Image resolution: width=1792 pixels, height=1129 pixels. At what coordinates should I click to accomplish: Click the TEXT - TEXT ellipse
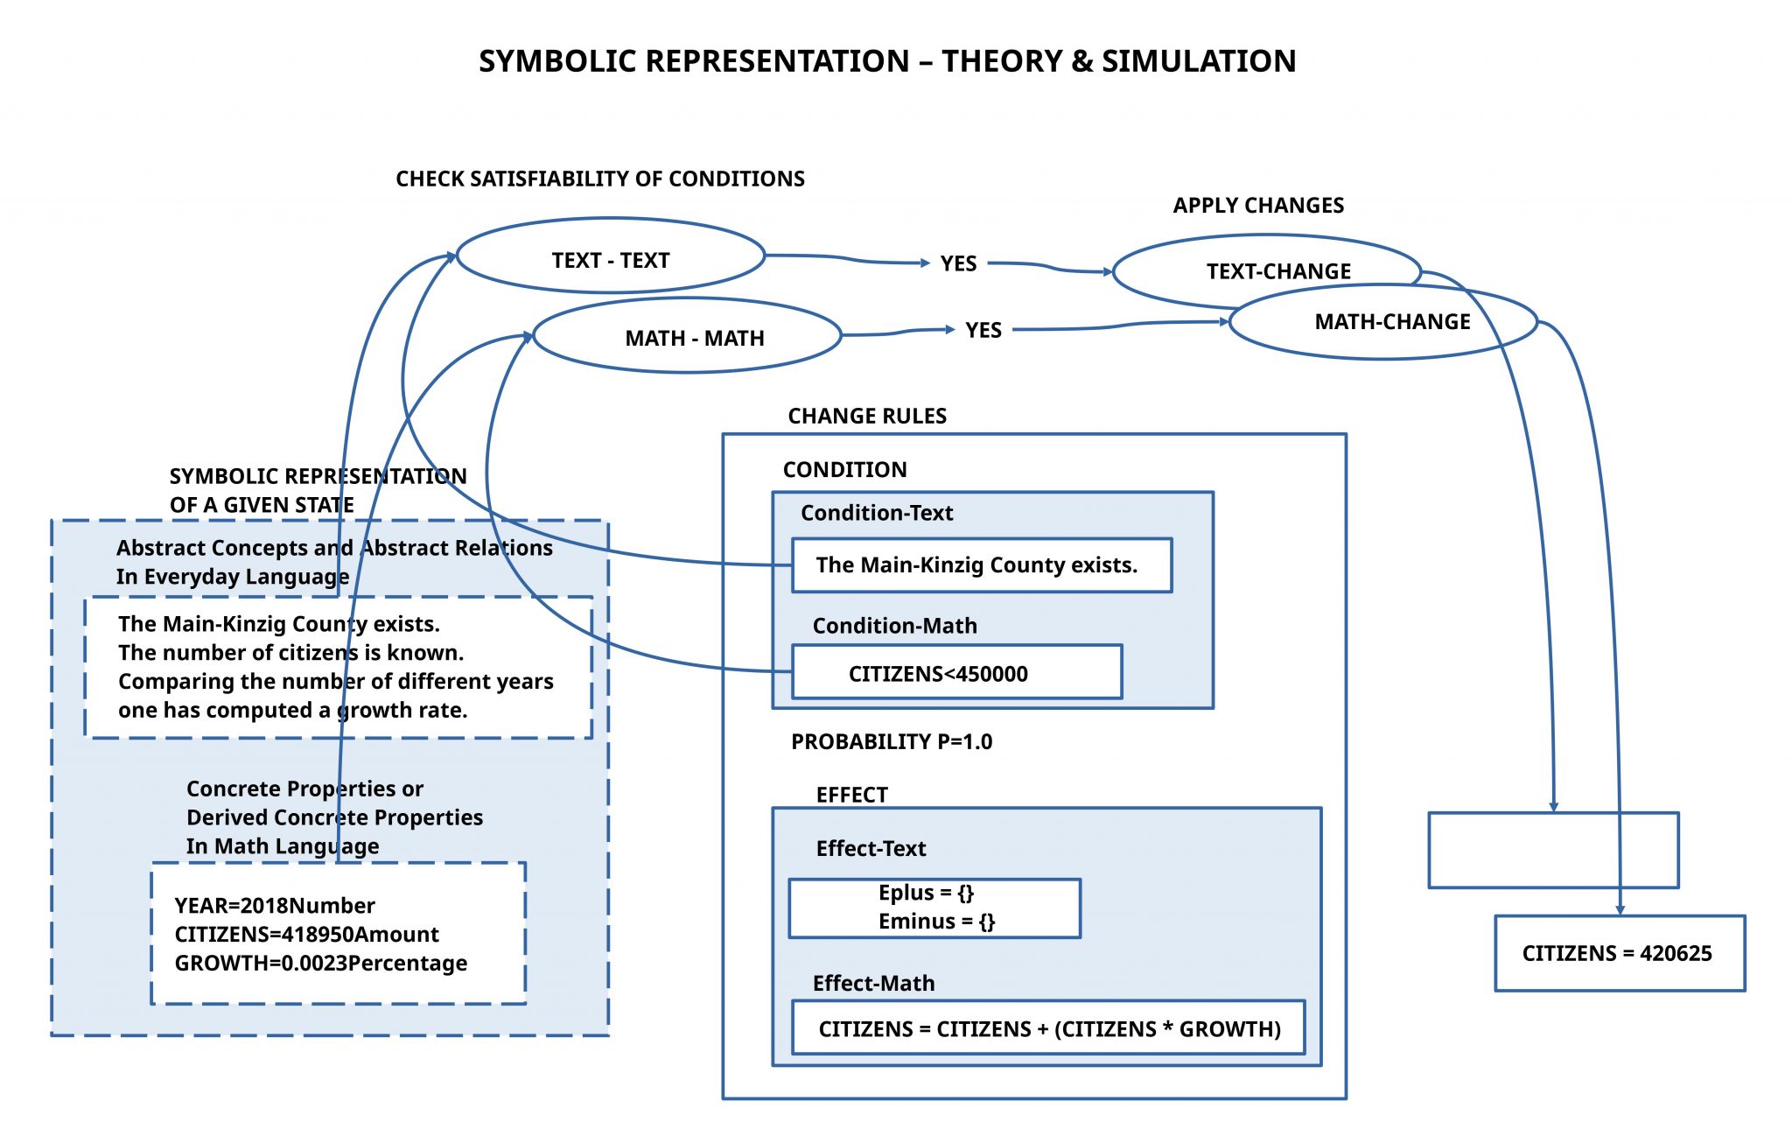pyautogui.click(x=611, y=260)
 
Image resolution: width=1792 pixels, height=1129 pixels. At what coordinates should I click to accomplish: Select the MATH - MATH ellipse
pyautogui.click(x=695, y=338)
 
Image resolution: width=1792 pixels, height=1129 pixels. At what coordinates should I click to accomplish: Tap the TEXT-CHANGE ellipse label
pyautogui.click(x=1278, y=271)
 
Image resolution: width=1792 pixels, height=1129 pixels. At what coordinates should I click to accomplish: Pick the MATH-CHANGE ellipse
pyautogui.click(x=1392, y=322)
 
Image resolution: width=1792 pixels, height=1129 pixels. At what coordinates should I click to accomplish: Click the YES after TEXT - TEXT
pyautogui.click(x=958, y=263)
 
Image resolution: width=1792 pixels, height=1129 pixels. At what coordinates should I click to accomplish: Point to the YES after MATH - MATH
pyautogui.click(x=983, y=330)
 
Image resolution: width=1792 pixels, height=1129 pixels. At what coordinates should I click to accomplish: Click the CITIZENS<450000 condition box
pyautogui.click(x=956, y=673)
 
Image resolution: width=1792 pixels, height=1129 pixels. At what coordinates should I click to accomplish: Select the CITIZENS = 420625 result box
pyautogui.click(x=1619, y=953)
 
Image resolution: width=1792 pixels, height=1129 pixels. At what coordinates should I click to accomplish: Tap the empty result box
pyautogui.click(x=1553, y=850)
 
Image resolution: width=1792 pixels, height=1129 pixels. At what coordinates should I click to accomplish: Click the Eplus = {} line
pyautogui.click(x=926, y=893)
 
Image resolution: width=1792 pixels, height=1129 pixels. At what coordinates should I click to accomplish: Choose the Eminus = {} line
pyautogui.click(x=936, y=922)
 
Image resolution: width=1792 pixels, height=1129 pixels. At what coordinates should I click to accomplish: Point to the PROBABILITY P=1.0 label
pyautogui.click(x=892, y=741)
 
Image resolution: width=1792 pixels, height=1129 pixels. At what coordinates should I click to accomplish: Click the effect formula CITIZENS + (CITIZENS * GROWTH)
pyautogui.click(x=1048, y=1028)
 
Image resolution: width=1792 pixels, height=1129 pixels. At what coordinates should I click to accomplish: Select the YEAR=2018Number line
pyautogui.click(x=275, y=905)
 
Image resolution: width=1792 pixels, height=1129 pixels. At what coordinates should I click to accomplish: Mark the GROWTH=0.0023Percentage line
pyautogui.click(x=321, y=963)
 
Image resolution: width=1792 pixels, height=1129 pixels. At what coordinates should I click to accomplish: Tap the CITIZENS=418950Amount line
pyautogui.click(x=307, y=934)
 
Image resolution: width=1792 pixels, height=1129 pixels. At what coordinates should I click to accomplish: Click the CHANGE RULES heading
pyautogui.click(x=867, y=416)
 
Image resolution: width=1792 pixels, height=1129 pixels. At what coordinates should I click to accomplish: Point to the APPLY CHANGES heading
pyautogui.click(x=1258, y=206)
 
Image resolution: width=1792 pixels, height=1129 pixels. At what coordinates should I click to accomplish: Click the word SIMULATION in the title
pyautogui.click(x=1199, y=61)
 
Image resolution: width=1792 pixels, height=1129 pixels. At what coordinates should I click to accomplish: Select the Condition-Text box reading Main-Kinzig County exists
pyautogui.click(x=982, y=565)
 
